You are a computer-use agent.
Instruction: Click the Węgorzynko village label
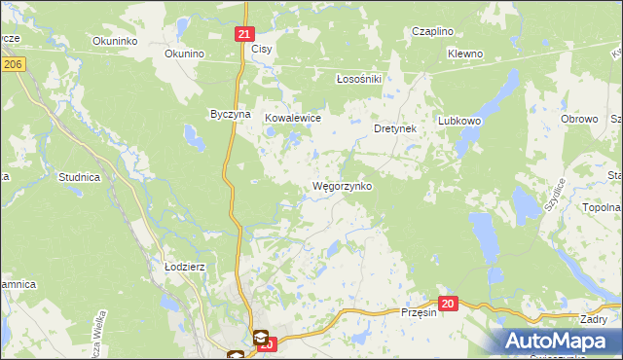(x=342, y=186)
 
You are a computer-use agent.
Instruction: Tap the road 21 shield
(x=244, y=33)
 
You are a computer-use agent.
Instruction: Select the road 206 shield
(x=12, y=63)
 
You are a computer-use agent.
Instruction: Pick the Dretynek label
(x=395, y=128)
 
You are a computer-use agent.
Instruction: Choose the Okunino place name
(x=184, y=54)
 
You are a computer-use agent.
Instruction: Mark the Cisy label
(x=261, y=49)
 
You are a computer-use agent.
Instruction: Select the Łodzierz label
(x=183, y=266)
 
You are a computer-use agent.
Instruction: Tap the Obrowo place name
(x=579, y=118)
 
